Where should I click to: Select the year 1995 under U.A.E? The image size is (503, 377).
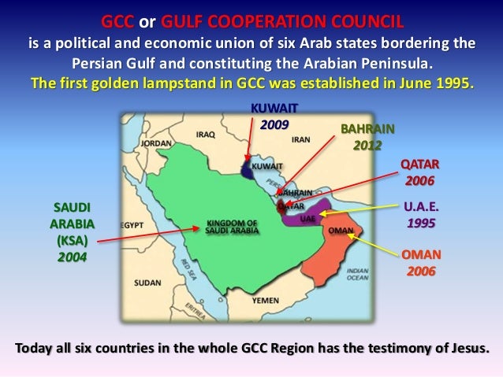click(x=420, y=223)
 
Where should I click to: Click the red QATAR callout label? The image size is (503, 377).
click(x=420, y=164)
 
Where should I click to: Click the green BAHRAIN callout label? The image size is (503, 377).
click(x=367, y=129)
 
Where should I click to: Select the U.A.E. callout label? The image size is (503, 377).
click(x=420, y=208)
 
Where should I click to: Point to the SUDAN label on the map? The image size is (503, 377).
click(x=147, y=282)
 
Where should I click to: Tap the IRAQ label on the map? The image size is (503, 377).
click(x=206, y=135)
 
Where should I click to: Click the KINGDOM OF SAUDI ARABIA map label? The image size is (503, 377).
click(x=227, y=227)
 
